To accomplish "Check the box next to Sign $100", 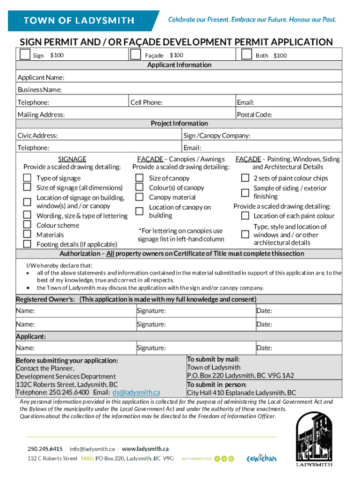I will tap(25, 55).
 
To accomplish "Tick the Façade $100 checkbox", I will tap(136, 55).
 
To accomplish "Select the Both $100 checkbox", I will tap(247, 55).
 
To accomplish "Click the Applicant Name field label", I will tap(41, 77).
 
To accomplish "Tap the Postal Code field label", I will tap(254, 115).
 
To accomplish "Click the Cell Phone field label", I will tap(146, 102).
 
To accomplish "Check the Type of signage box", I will tap(28, 178).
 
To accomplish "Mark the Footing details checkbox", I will tap(28, 244).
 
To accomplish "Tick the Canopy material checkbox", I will tap(139, 197).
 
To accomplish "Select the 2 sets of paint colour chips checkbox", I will tap(245, 178).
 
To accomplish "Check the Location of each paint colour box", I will tap(245, 216).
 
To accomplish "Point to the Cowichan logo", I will tap(261, 458).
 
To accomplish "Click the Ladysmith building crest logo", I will tap(314, 441).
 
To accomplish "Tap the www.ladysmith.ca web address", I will tap(145, 449).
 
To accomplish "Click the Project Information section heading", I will tap(179, 123).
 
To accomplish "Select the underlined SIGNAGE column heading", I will tap(72, 159).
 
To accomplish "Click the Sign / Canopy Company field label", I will tap(217, 136).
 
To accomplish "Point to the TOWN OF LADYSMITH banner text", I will tap(79, 21).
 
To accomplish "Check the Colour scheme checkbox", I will tap(28, 225).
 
